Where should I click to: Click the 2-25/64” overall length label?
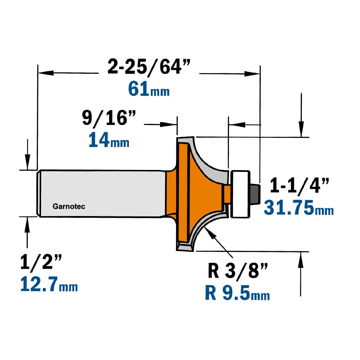pos(149,67)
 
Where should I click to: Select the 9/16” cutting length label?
pos(109,118)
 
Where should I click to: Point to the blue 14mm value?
pos(109,140)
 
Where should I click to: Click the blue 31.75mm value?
pos(299,207)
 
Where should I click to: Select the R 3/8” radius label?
pos(238,271)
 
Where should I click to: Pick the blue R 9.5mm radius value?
pos(237,293)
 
